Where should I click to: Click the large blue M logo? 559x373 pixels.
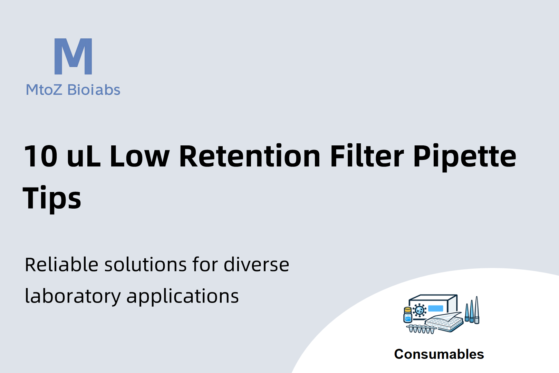[73, 56]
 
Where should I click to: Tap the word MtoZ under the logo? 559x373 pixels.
[44, 90]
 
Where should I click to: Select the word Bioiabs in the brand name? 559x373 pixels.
[94, 90]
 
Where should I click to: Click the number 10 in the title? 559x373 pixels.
[41, 156]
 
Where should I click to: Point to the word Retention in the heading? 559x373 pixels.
[250, 156]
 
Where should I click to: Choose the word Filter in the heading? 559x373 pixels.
[367, 156]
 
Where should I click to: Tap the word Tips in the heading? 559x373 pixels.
[52, 199]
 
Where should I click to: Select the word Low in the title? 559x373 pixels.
[139, 156]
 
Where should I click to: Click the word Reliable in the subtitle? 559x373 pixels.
[61, 265]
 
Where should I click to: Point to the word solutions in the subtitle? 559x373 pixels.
[145, 265]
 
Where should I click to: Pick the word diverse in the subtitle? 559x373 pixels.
[256, 265]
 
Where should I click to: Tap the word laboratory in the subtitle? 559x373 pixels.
[73, 296]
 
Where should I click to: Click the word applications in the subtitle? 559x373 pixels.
[183, 296]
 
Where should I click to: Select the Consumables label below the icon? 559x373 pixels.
[439, 354]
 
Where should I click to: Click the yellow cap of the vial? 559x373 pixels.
[408, 310]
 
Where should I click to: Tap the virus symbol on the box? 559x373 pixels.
[419, 310]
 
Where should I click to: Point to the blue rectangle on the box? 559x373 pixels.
[435, 308]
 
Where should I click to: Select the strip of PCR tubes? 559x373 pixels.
[421, 329]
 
